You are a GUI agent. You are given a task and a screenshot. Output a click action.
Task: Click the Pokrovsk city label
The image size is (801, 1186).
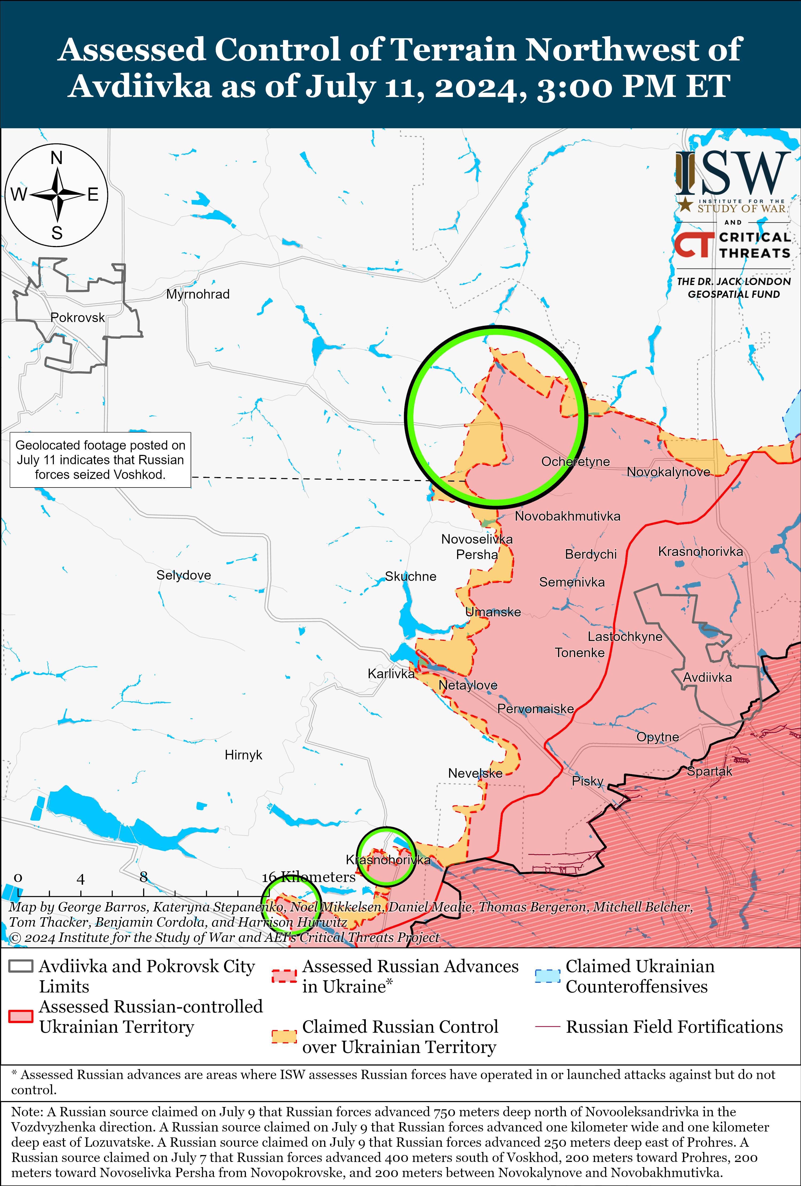[x=77, y=317]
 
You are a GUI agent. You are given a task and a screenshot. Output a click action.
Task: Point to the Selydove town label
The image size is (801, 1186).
[x=184, y=575]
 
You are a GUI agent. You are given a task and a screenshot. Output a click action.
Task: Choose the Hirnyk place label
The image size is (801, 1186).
[x=243, y=755]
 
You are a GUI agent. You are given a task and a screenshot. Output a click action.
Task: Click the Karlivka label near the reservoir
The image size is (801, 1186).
[x=391, y=674]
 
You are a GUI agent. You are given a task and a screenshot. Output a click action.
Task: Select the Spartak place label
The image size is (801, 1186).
[x=709, y=771]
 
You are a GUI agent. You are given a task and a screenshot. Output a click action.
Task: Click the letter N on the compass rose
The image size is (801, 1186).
[x=57, y=158]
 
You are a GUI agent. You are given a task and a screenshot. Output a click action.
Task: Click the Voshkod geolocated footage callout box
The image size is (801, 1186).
[x=100, y=460]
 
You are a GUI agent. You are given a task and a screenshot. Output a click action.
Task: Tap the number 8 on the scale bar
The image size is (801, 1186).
[x=143, y=877]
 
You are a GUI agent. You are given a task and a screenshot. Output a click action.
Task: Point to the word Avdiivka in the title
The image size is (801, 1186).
[x=140, y=86]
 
